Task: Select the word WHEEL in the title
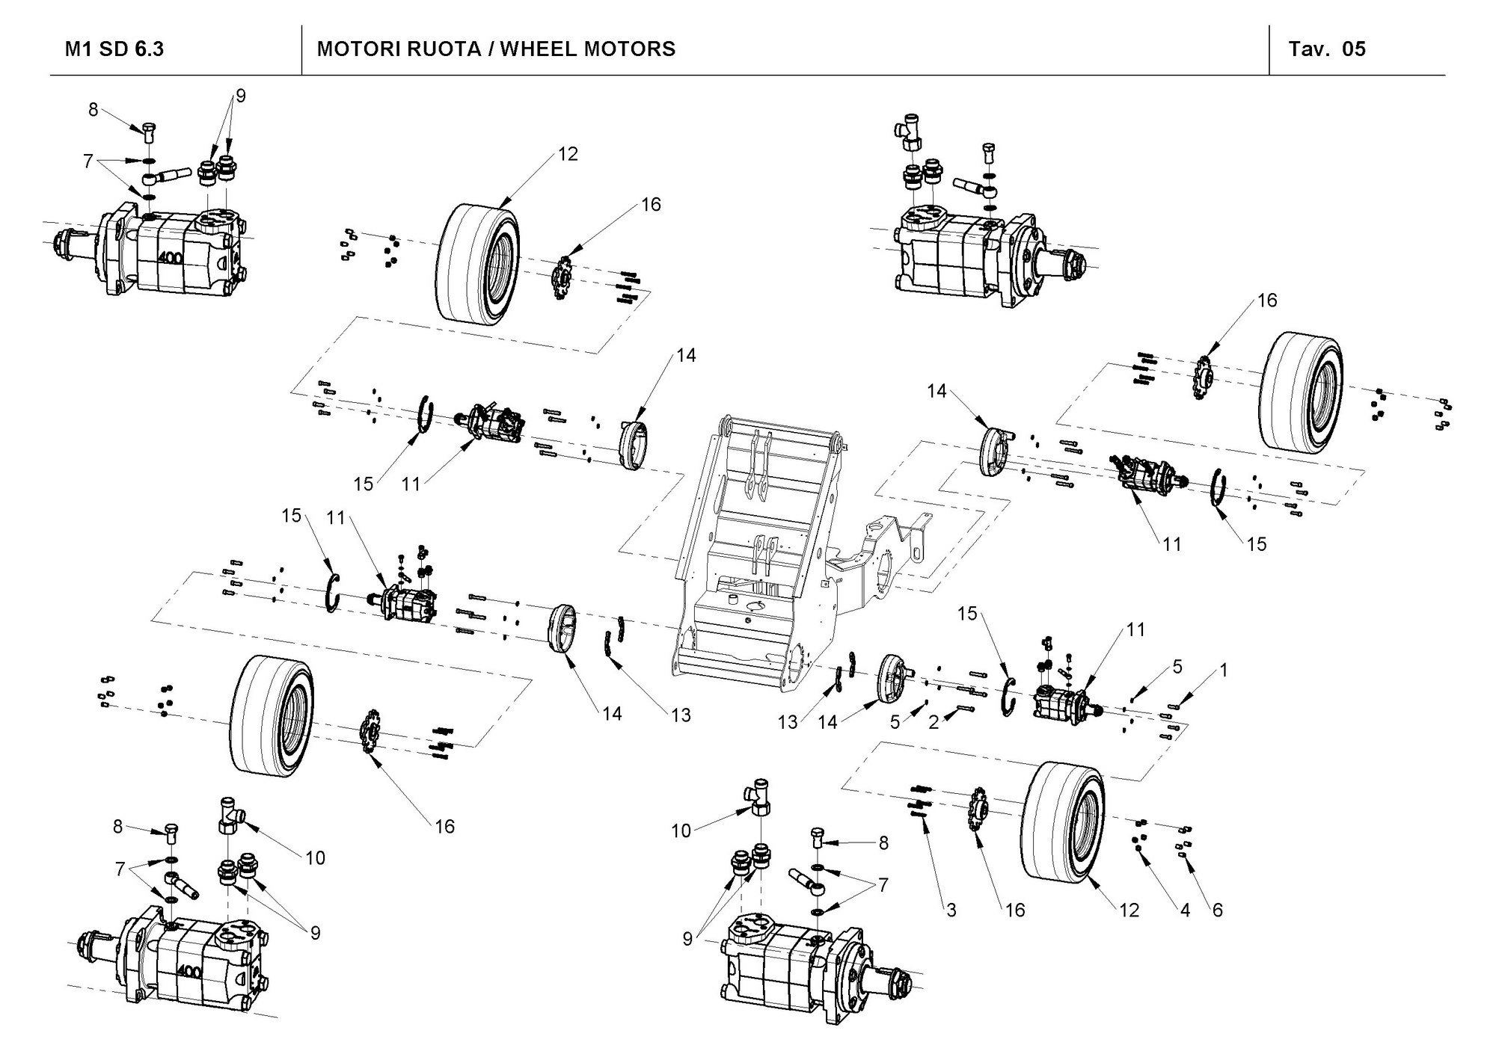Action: coord(539,49)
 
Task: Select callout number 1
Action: coord(1224,671)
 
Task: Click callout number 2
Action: coord(933,722)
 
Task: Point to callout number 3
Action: coord(951,910)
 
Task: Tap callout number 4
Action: coord(1185,910)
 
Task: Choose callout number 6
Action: coord(1217,910)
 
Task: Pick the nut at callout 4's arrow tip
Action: coord(1139,849)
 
